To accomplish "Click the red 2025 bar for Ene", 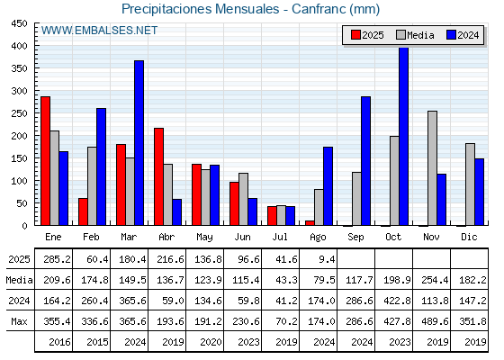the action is (x=45, y=161).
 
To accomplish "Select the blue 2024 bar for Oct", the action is (x=404, y=136).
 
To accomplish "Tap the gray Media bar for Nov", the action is (x=432, y=168).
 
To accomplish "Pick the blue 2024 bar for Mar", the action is (x=139, y=143).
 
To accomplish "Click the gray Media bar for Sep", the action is (x=356, y=199).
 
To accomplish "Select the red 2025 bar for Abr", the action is (x=158, y=176).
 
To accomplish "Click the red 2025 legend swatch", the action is (x=355, y=35).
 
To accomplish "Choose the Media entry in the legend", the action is (x=415, y=35).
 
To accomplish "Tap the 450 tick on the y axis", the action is (x=19, y=23).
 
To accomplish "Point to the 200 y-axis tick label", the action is (x=19, y=136).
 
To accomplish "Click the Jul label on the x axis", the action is (x=280, y=237).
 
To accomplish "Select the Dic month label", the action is (x=469, y=237).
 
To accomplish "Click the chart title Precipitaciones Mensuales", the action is (x=200, y=9).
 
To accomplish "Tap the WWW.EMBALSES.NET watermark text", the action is (x=99, y=31).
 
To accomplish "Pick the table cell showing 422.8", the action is (x=397, y=301).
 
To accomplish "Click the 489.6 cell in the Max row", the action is (x=435, y=321).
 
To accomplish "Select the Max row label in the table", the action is (x=19, y=321).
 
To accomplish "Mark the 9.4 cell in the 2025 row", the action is (x=327, y=259).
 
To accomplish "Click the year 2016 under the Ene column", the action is (x=59, y=342).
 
